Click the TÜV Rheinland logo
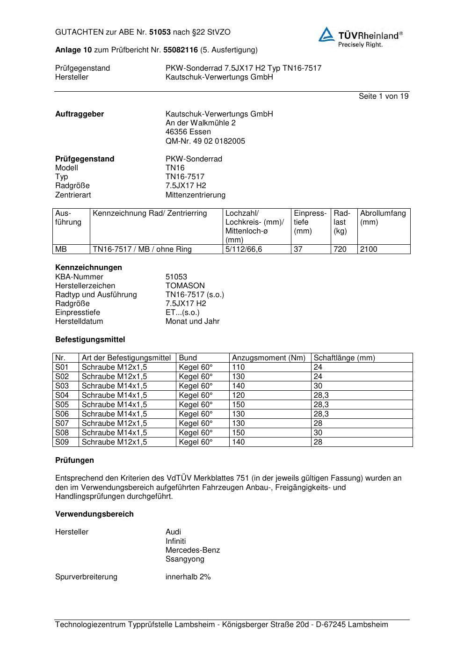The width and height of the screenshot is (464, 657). click(x=360, y=36)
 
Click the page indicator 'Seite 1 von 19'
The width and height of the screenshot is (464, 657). click(x=384, y=96)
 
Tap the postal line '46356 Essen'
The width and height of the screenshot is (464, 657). click(x=188, y=132)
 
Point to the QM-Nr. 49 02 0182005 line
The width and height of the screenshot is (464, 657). click(x=205, y=141)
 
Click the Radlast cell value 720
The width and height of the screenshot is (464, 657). click(x=340, y=249)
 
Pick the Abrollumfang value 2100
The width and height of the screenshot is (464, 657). click(x=369, y=249)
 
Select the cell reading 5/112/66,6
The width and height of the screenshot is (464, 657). click(x=243, y=249)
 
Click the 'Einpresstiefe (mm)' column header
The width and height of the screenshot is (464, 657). click(x=310, y=222)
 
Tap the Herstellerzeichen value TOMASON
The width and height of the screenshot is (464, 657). click(x=185, y=286)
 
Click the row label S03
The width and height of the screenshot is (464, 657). click(x=62, y=386)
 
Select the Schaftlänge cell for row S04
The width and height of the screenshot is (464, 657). click(x=321, y=395)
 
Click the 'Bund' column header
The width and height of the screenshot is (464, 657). click(x=188, y=358)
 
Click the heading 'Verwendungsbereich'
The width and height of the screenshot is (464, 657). click(x=94, y=514)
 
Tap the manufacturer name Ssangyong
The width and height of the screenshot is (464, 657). click(x=185, y=559)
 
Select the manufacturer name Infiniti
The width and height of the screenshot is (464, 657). click(x=175, y=541)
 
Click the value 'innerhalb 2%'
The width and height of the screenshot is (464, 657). click(x=188, y=577)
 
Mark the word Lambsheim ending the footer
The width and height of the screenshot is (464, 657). click(x=368, y=625)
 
